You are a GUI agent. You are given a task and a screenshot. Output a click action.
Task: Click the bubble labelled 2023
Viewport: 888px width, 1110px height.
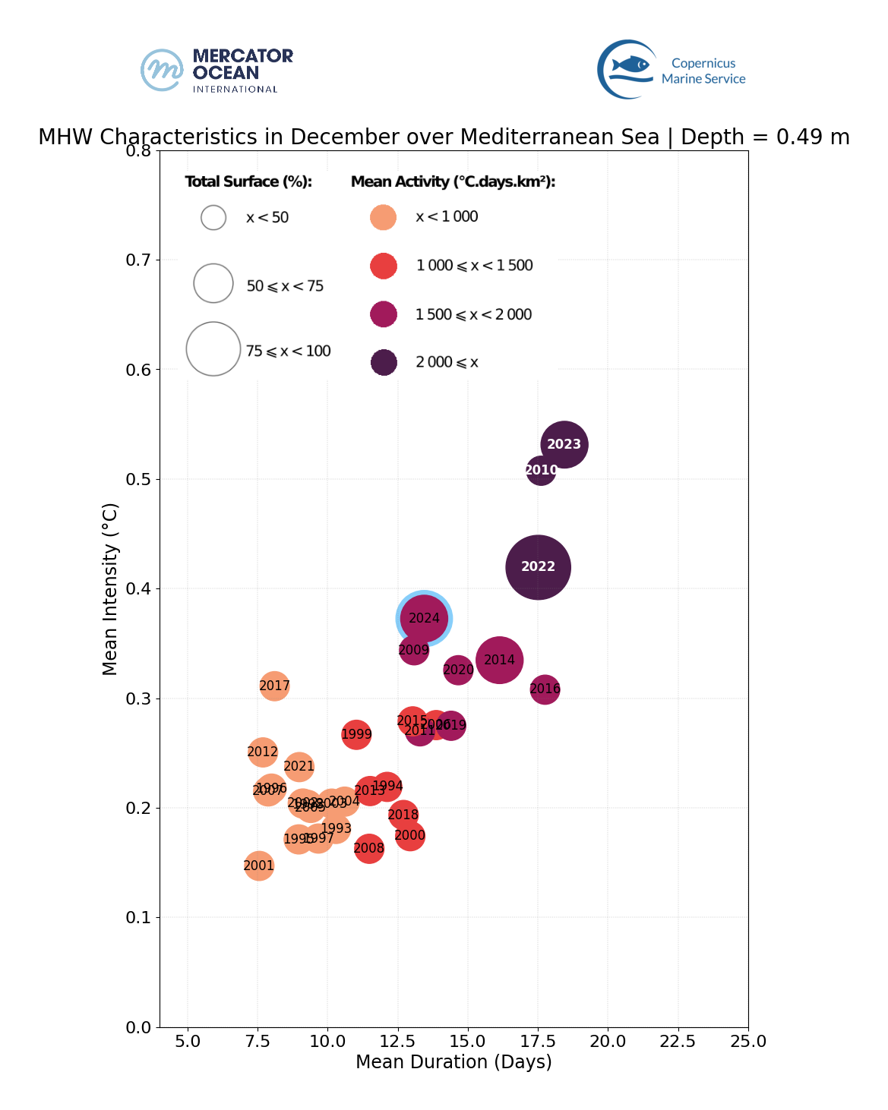point(564,444)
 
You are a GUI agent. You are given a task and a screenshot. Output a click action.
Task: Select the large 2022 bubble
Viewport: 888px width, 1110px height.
point(538,567)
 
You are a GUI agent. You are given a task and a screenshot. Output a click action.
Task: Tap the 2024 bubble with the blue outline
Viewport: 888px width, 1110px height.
point(424,619)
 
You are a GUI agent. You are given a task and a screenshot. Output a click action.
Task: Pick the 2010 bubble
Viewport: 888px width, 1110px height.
point(541,471)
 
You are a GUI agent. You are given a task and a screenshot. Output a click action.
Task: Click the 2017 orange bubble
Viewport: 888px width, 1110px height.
point(274,686)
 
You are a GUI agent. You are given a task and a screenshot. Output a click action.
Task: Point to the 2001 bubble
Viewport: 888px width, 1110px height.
point(259,866)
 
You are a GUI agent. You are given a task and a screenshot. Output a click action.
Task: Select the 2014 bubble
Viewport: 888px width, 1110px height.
point(499,661)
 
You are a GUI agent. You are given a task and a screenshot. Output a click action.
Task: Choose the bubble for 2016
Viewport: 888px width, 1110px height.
point(545,689)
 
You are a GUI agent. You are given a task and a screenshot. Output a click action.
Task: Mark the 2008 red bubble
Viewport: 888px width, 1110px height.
point(369,849)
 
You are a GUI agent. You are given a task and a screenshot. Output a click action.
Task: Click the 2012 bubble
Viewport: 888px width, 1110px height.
point(262,752)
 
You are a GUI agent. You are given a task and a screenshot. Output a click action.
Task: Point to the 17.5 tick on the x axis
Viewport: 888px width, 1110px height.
point(538,1041)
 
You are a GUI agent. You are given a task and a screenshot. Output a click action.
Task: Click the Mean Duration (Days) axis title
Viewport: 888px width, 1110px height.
point(453,1062)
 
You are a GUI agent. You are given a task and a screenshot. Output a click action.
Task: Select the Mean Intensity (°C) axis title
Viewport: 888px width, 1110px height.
point(110,588)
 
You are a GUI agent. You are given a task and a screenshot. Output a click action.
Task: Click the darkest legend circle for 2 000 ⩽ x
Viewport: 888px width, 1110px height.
point(384,362)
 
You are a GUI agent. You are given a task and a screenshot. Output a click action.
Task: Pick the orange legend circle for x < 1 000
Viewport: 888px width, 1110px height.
point(384,217)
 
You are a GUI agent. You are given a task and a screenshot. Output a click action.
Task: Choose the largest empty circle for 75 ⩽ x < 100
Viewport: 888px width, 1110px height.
point(213,349)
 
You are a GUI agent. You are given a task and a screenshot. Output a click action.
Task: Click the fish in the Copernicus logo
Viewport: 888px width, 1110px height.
point(631,65)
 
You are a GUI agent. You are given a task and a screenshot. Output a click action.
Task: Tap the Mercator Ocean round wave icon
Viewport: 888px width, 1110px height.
point(162,71)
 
